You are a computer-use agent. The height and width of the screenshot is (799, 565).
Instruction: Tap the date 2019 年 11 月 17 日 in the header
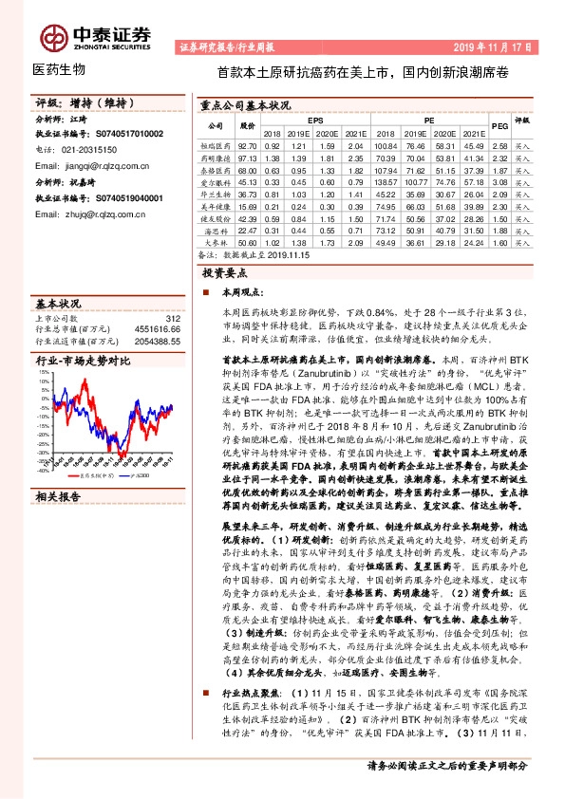click(491, 46)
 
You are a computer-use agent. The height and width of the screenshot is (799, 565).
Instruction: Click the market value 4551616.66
click(153, 328)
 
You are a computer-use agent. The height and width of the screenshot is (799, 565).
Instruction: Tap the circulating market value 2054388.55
click(153, 340)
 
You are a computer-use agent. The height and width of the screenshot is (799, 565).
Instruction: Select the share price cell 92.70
click(248, 146)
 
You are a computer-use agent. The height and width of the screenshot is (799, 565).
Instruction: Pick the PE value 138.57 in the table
click(385, 181)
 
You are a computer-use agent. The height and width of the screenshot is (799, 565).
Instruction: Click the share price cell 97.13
click(248, 158)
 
